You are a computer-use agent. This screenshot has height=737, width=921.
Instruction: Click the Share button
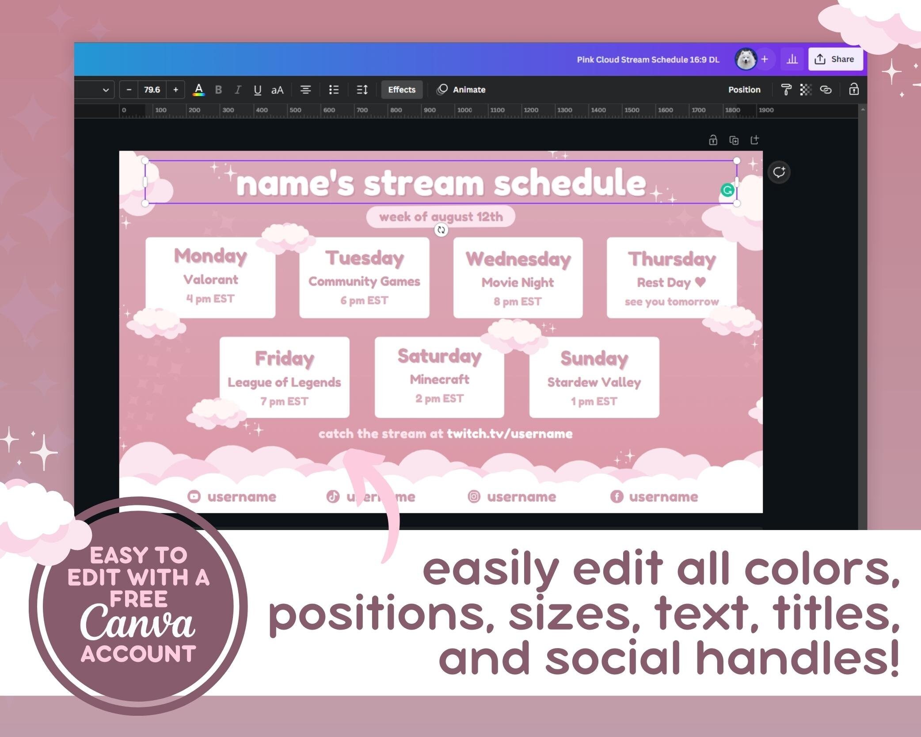coord(835,59)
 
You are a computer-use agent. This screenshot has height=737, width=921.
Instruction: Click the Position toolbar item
coord(744,90)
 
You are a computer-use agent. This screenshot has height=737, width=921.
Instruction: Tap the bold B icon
coord(218,90)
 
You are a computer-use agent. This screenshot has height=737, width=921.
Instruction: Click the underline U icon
coord(257,90)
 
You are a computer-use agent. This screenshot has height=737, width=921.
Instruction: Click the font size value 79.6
coord(152,90)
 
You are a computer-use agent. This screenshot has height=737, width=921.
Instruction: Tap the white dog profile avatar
coord(746,59)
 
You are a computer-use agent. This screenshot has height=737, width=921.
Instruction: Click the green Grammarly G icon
coord(727,190)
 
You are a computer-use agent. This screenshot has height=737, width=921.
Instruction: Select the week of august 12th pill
coord(441,217)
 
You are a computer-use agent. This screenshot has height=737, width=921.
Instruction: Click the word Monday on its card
coord(210,256)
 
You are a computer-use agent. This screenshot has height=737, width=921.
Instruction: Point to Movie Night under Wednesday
coord(518,282)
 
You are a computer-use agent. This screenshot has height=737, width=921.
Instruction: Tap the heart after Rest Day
coord(700,282)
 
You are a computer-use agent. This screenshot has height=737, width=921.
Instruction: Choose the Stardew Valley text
coord(594,382)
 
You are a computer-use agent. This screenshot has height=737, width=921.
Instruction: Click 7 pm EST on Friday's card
coord(284,401)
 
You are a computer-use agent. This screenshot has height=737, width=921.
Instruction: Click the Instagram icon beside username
coord(474,496)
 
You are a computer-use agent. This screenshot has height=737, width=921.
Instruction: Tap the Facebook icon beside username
coord(617,496)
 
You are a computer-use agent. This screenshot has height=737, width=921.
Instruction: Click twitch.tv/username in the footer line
coord(509,434)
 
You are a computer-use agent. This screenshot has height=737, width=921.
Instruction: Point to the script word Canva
coord(137,623)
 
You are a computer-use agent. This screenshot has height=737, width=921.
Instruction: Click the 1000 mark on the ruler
coord(464,110)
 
